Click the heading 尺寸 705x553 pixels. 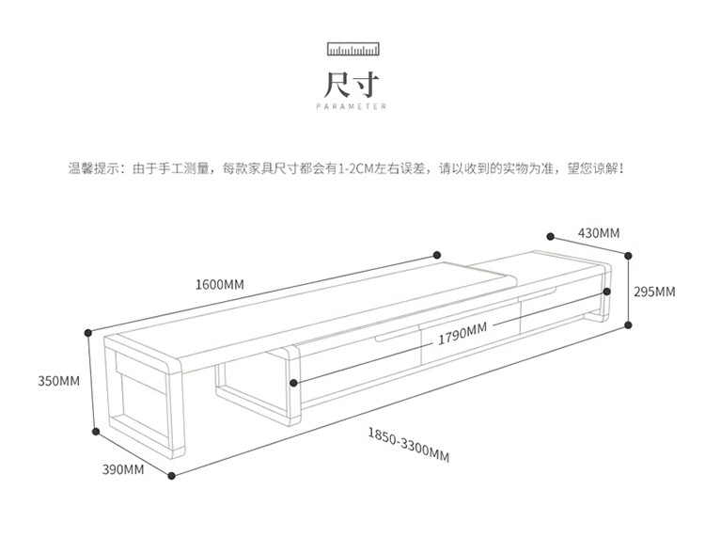point(352,84)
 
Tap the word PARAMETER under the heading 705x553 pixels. point(352,108)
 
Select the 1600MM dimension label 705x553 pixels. point(220,284)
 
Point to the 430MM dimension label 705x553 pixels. point(598,232)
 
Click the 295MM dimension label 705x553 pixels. point(654,292)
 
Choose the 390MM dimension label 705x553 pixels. point(122,468)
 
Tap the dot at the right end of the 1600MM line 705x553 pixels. point(437,253)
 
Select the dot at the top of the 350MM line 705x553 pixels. point(88,331)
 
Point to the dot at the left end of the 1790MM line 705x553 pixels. point(294,383)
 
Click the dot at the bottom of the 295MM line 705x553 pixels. point(627,326)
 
